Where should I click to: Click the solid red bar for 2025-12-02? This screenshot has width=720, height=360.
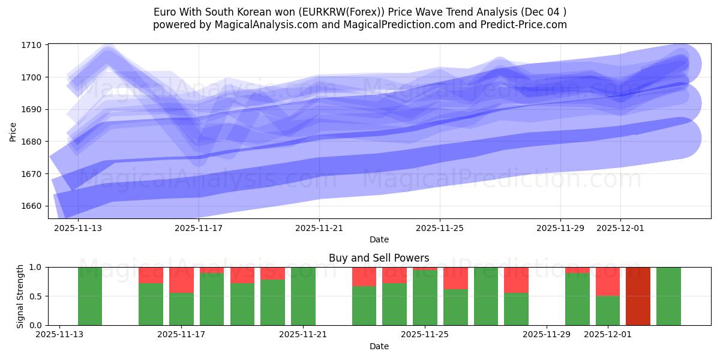(638, 296)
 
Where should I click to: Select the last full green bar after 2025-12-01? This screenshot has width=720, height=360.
(668, 296)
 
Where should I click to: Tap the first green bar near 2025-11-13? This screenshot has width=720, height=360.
(90, 296)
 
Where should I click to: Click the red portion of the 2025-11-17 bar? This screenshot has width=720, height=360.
(181, 280)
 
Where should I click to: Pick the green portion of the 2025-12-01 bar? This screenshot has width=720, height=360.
(608, 310)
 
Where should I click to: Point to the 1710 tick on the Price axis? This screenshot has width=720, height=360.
(33, 45)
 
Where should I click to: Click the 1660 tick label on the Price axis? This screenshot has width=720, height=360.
(33, 206)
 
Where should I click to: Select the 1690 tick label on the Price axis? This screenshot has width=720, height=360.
(33, 109)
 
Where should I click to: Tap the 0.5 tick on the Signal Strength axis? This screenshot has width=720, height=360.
(36, 296)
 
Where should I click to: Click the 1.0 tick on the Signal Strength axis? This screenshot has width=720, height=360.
(36, 267)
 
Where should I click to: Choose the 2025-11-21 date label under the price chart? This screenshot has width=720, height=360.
(319, 228)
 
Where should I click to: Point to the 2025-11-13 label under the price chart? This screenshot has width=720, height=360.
(78, 228)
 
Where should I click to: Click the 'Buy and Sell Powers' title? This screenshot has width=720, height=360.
(379, 258)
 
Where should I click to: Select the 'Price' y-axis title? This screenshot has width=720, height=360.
(13, 131)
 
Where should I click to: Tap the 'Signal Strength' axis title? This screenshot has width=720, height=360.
(20, 296)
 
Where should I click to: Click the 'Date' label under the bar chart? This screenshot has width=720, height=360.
(379, 346)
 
